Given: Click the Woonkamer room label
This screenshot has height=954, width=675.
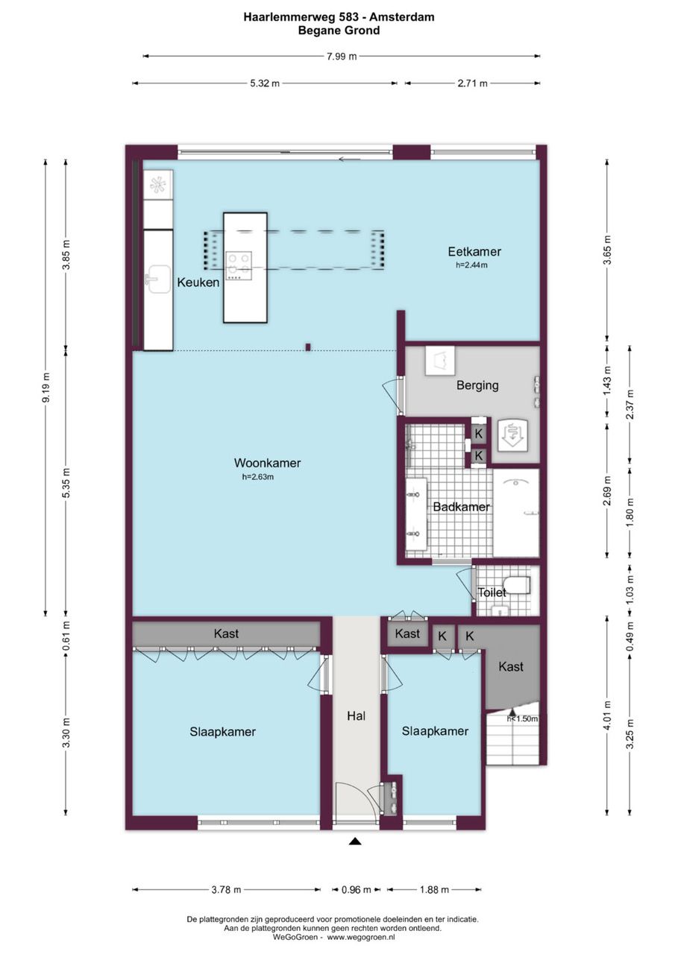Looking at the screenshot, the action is pos(267,463).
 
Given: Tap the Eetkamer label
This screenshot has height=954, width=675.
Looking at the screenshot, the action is pos(474,252).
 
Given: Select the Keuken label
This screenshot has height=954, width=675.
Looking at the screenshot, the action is pos(198,282).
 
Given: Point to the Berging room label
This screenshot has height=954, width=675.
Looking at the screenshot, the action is pos(477,385).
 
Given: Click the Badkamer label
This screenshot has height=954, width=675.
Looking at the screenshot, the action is pos(461,507).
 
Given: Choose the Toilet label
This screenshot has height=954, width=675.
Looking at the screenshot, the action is pos(492,592).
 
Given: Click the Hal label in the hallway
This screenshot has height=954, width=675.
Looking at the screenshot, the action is pos(357,716).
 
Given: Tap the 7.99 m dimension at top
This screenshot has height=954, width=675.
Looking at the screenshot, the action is pos(342,56).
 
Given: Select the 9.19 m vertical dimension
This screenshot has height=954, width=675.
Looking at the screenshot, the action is pos(46,387).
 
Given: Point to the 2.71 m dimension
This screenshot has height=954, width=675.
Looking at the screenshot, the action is pos(473,83).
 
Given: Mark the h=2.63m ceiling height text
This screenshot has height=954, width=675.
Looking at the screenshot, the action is pos(258,477).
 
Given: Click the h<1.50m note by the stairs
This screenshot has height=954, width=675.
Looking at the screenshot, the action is pos(522,719).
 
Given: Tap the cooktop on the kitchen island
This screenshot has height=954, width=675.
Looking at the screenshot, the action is pos(238,265).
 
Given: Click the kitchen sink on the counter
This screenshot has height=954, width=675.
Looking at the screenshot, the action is pos(157,279).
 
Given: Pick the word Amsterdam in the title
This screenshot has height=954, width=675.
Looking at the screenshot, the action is pos(402,17).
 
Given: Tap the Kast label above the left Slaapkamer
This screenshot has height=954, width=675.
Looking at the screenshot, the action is pos(226,634).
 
